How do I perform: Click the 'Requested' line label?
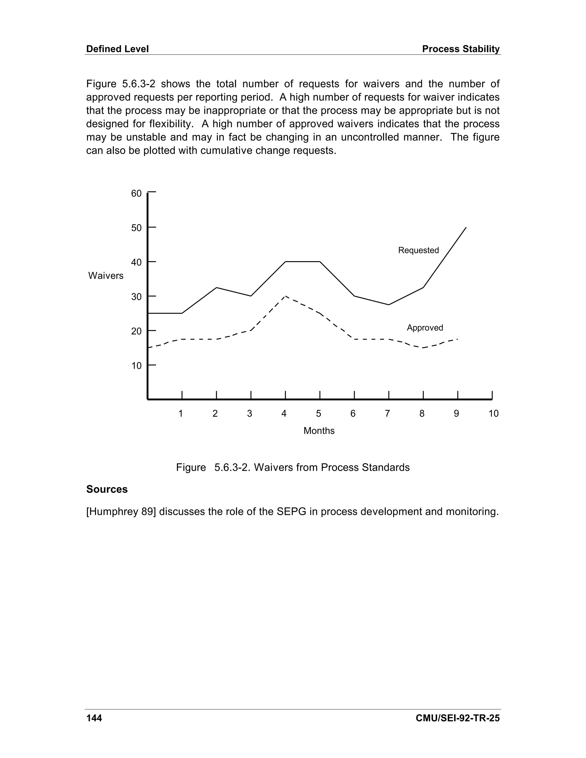tap(418, 250)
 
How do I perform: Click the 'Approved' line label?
tap(425, 328)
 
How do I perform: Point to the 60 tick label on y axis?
tap(136, 193)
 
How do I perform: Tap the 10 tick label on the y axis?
tap(136, 366)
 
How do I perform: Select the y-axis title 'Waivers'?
tap(106, 275)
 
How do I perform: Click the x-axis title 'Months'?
tap(319, 431)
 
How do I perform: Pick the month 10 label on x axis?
tap(493, 413)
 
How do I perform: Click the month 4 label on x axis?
tap(284, 413)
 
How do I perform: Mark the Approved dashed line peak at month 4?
tap(285, 296)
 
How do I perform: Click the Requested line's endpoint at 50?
tap(466, 227)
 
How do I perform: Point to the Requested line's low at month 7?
tap(389, 305)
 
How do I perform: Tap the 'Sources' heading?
tap(107, 489)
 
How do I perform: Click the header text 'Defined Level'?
tap(117, 49)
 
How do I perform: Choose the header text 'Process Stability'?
tap(461, 49)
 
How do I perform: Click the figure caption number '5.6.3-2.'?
tap(232, 467)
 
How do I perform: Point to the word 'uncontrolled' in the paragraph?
tap(370, 137)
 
